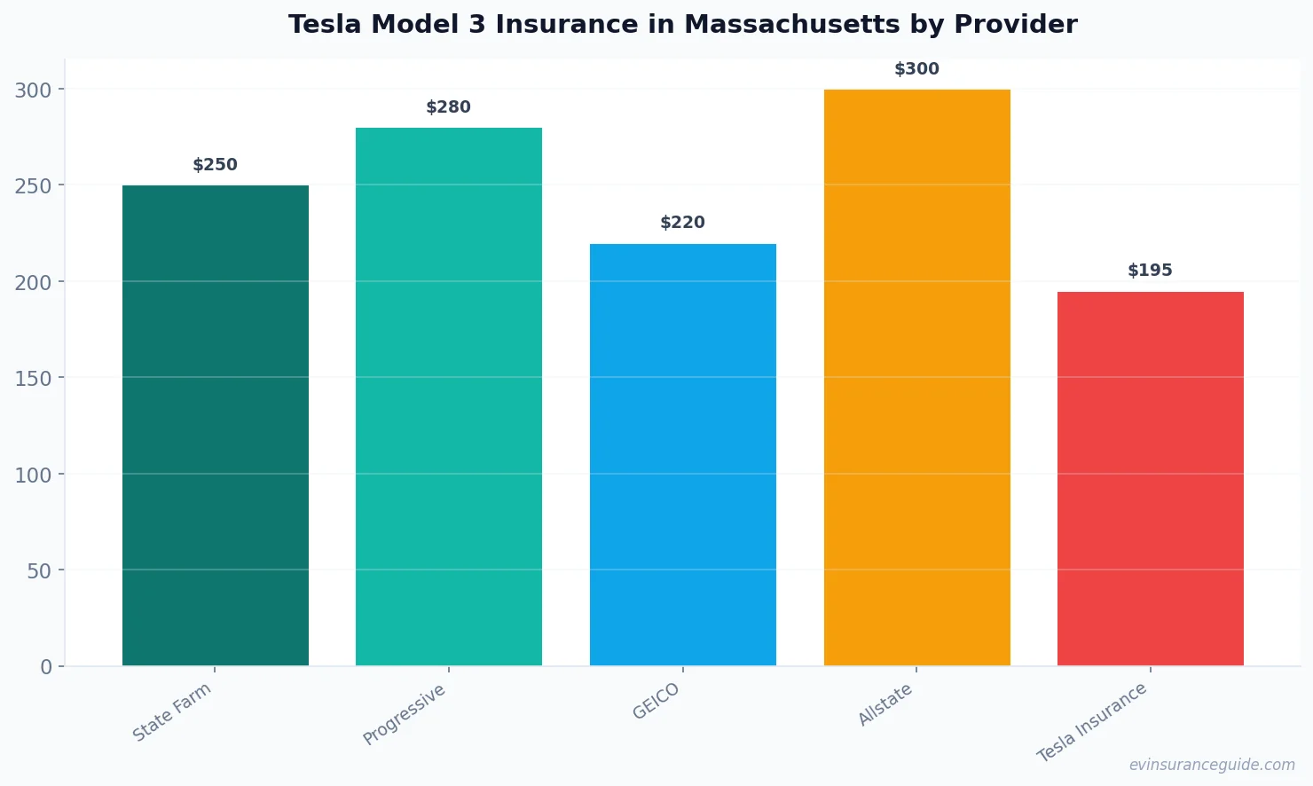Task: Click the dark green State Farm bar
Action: pyautogui.click(x=216, y=426)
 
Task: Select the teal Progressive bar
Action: pyautogui.click(x=449, y=397)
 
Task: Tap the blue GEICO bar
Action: pyautogui.click(x=683, y=454)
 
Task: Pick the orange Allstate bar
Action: pyautogui.click(x=916, y=377)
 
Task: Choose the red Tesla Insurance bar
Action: pyautogui.click(x=1151, y=479)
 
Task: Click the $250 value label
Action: pyautogui.click(x=216, y=165)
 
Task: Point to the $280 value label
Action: pyautogui.click(x=449, y=107)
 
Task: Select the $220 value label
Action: pyautogui.click(x=683, y=223)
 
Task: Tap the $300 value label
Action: pyautogui.click(x=916, y=69)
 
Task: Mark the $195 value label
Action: pyautogui.click(x=1151, y=271)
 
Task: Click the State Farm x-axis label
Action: pyautogui.click(x=172, y=712)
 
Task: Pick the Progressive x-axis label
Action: pyautogui.click(x=405, y=715)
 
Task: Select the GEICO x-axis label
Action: pyautogui.click(x=656, y=702)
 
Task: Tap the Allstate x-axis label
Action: pyautogui.click(x=885, y=705)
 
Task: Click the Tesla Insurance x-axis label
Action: pyautogui.click(x=1092, y=722)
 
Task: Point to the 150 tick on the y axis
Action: pyautogui.click(x=33, y=379)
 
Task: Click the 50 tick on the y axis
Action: pyautogui.click(x=39, y=571)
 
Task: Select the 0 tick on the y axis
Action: pyautogui.click(x=46, y=667)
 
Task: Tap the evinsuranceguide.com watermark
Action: pyautogui.click(x=1212, y=765)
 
